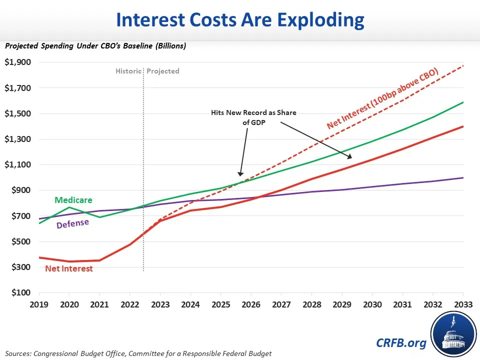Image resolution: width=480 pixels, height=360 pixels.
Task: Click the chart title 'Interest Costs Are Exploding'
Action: tap(240, 20)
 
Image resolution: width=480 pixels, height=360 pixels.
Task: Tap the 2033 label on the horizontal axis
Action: tap(462, 304)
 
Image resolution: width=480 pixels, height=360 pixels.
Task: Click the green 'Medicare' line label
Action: tap(73, 200)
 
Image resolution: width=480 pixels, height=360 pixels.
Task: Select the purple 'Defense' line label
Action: tap(72, 224)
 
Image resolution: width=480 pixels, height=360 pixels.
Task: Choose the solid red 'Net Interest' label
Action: tap(69, 268)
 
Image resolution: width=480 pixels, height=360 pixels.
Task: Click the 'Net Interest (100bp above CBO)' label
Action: tap(382, 98)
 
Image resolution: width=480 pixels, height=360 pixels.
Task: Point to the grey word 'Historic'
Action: tap(128, 71)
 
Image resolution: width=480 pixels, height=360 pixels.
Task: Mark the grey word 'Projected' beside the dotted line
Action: tap(163, 71)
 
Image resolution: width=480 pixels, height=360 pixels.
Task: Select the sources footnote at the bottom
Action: tap(138, 353)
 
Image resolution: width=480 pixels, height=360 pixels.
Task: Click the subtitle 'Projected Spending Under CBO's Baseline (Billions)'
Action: tap(95, 45)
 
